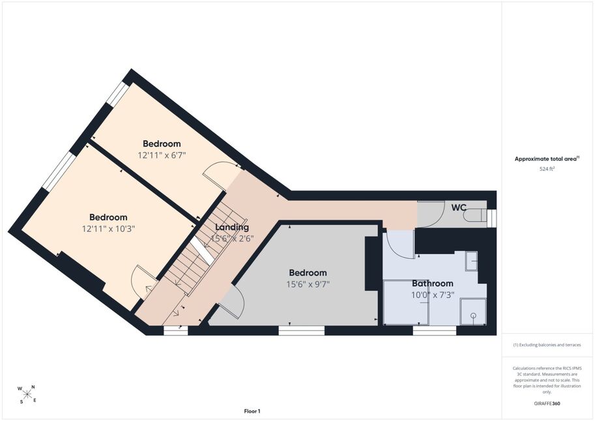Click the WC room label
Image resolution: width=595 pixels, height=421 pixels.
[x=458, y=208]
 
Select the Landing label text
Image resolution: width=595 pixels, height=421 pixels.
[x=232, y=227]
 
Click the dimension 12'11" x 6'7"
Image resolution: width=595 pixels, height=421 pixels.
[x=162, y=155]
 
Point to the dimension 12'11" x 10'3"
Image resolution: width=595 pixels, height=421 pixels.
[x=109, y=229]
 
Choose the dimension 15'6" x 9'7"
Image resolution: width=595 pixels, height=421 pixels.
[x=308, y=284]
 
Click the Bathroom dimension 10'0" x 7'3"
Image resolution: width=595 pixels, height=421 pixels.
[x=433, y=295]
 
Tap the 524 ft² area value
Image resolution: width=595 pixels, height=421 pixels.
[x=547, y=169]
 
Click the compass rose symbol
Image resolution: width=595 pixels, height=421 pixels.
[x=27, y=394]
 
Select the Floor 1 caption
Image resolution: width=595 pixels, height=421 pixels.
[x=252, y=411]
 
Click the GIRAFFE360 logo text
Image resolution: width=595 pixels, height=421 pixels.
[x=547, y=403]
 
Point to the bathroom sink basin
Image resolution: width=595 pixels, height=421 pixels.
[x=471, y=261]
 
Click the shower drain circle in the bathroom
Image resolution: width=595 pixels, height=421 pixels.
[x=473, y=315]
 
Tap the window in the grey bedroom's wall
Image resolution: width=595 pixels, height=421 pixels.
[x=301, y=330]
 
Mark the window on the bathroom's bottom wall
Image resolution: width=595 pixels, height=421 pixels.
[x=435, y=330]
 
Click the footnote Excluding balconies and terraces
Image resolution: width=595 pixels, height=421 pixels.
[x=547, y=345]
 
